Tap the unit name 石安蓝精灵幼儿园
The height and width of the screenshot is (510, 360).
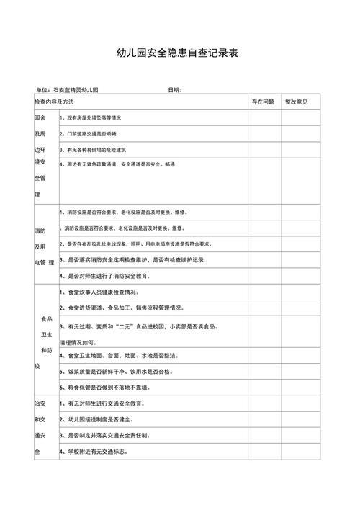click(76, 90)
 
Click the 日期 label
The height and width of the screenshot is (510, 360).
click(174, 90)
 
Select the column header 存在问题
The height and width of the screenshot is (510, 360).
click(263, 102)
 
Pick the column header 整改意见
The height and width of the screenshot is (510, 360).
click(296, 102)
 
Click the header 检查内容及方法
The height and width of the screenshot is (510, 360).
click(54, 102)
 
